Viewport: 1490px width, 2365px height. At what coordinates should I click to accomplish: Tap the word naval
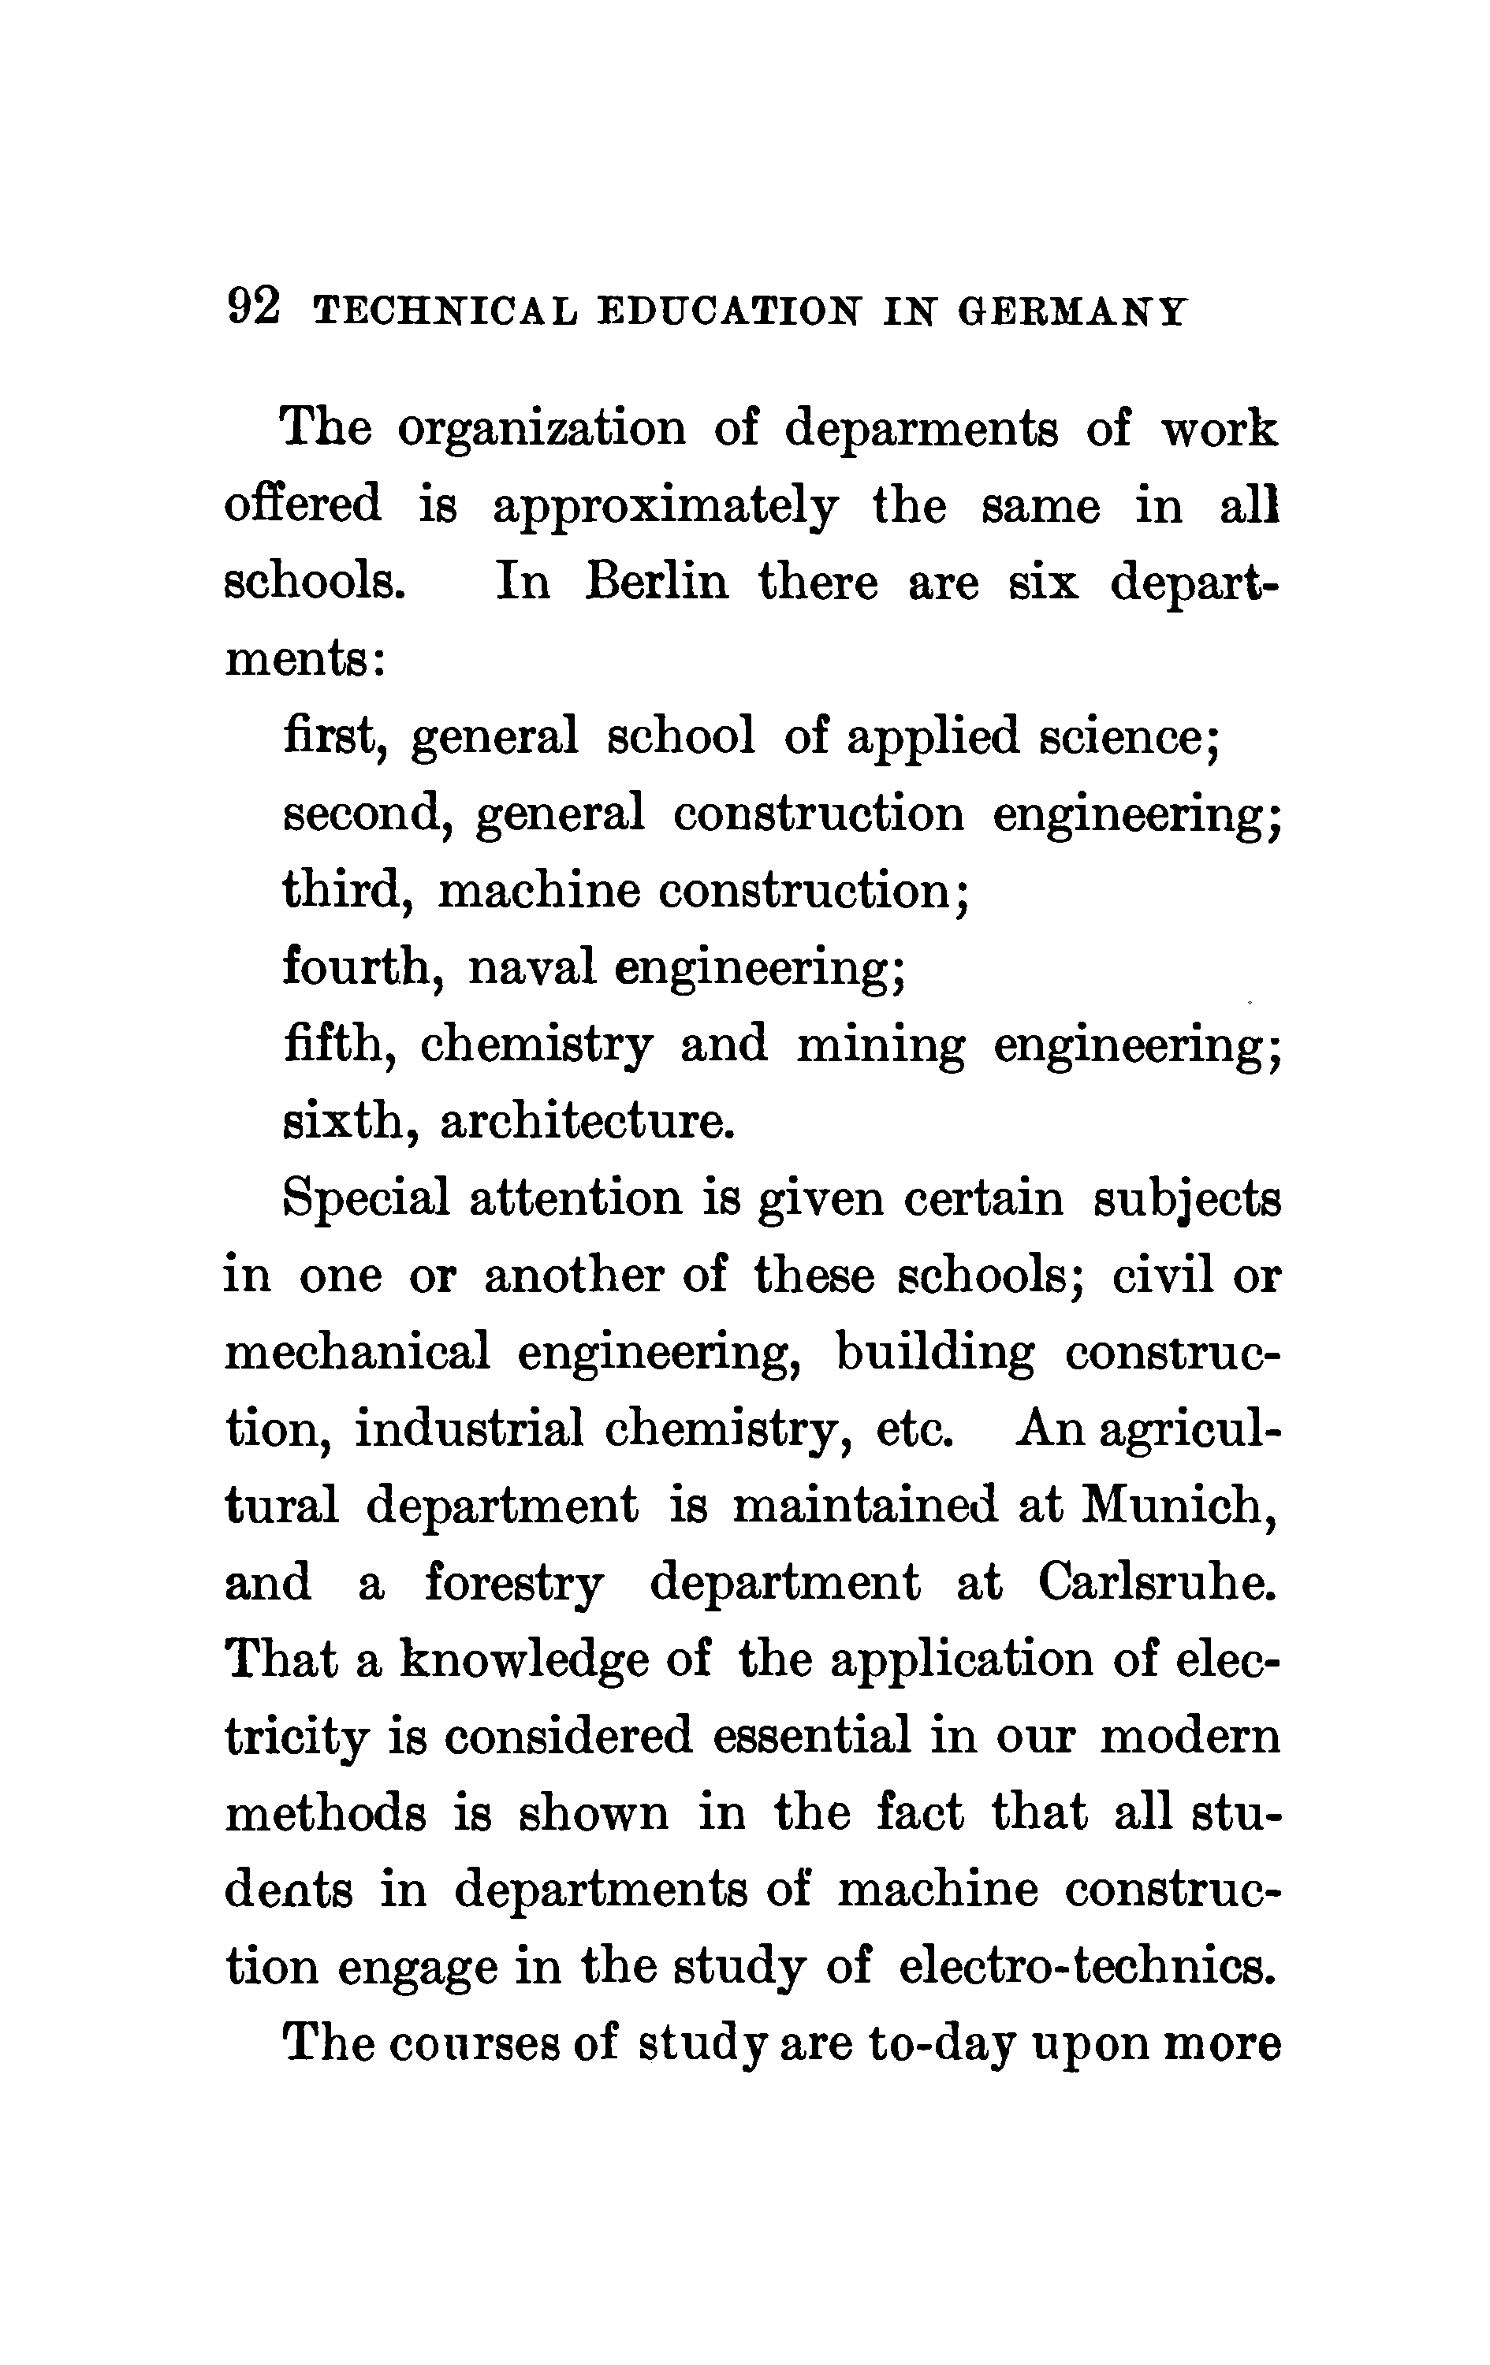pyautogui.click(x=531, y=967)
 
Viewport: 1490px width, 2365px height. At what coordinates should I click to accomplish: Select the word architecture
pyautogui.click(x=587, y=1122)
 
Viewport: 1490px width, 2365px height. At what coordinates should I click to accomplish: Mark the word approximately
pyautogui.click(x=665, y=508)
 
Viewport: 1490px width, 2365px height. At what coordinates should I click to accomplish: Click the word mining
pyautogui.click(x=880, y=1045)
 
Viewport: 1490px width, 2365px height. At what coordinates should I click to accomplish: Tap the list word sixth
pyautogui.click(x=339, y=1122)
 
